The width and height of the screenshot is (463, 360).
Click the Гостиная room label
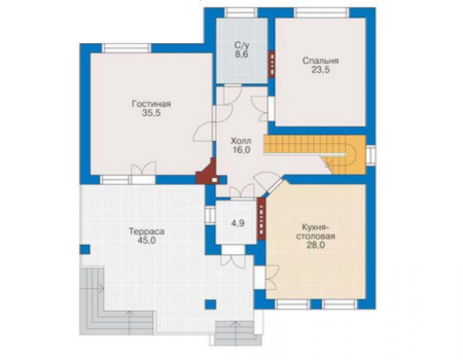151,104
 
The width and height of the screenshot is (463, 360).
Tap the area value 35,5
151,113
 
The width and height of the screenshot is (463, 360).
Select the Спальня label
320,61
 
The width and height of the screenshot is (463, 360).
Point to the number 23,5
320,70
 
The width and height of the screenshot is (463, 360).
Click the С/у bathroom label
242,45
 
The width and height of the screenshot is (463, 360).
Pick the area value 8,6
242,54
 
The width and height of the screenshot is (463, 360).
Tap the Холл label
241,140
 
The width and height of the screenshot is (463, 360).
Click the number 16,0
241,150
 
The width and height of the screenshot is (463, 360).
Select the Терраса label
146,232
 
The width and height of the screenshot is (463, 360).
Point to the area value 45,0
146,240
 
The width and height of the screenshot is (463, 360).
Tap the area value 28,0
315,245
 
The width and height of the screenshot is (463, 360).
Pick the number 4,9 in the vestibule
238,223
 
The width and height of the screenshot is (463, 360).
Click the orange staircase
315,154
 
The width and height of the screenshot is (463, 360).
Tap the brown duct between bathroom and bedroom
272,64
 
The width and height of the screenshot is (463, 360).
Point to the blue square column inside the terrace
210,304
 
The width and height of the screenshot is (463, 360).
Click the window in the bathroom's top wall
241,13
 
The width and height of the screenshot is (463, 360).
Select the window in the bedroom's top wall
322,13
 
